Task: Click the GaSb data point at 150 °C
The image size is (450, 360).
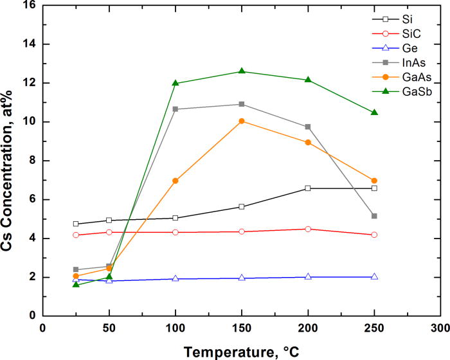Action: click(x=242, y=71)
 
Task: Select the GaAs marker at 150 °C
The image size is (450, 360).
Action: click(x=242, y=121)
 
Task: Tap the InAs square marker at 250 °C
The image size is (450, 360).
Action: click(x=374, y=216)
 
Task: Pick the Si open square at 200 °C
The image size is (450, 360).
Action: click(x=308, y=188)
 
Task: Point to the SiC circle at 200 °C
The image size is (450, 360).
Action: click(x=308, y=229)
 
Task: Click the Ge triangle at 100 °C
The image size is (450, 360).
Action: click(x=175, y=278)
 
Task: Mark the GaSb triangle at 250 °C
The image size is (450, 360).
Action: click(x=374, y=113)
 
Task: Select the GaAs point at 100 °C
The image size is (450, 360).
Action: click(x=175, y=181)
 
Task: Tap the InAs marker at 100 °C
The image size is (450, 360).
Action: click(x=175, y=109)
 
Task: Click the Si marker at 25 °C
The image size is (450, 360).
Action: click(x=76, y=224)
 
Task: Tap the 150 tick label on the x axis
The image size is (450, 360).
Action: click(x=242, y=327)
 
